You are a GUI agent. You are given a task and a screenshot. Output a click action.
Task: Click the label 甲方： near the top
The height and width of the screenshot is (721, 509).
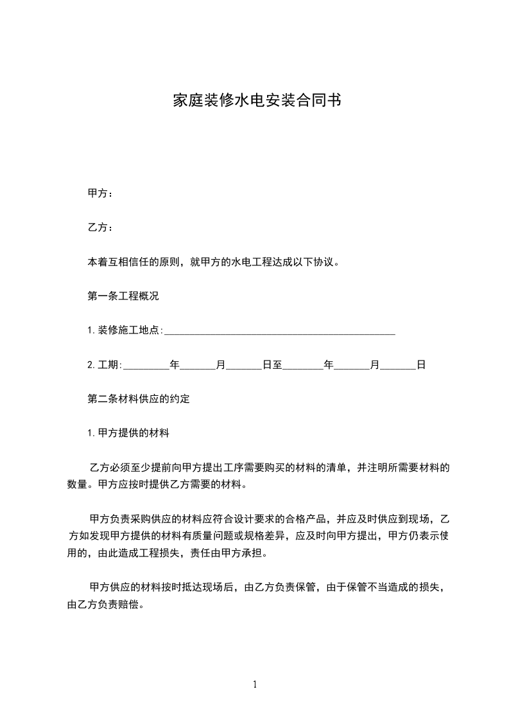[x=100, y=193]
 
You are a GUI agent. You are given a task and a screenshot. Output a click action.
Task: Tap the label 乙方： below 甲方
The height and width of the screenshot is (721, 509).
[x=100, y=227]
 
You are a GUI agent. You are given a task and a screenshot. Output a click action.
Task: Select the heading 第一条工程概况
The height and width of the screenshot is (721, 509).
[x=123, y=296]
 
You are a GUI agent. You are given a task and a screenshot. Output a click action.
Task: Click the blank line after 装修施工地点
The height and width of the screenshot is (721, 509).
[x=280, y=332]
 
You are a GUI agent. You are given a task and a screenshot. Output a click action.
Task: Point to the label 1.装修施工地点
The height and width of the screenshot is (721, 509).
[x=125, y=330]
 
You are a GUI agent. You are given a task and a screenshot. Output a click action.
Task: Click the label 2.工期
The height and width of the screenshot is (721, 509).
[x=104, y=365]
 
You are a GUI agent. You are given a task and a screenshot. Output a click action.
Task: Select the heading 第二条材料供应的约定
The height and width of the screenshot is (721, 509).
[x=138, y=399]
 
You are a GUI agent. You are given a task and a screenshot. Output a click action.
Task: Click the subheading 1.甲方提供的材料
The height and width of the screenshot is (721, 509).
[x=128, y=434]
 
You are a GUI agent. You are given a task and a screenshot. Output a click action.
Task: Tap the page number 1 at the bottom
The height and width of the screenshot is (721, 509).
[x=255, y=684]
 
